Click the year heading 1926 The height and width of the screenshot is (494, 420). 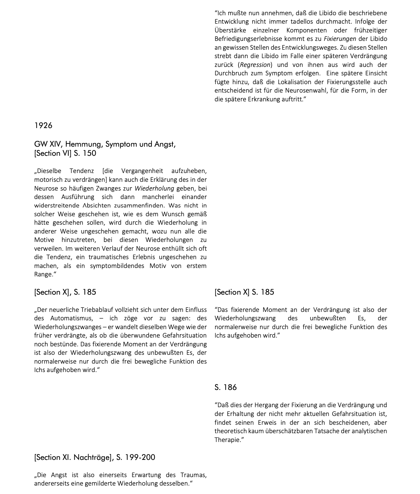[43, 125]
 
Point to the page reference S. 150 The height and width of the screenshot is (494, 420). [85, 153]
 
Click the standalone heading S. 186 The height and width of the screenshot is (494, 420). [226, 387]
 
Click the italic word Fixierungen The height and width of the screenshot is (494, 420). [340, 39]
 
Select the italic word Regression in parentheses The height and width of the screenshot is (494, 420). [255, 65]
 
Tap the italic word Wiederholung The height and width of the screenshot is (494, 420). [154, 189]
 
